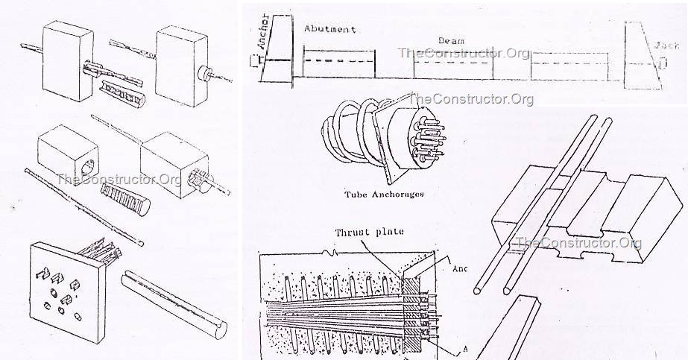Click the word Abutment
(329, 29)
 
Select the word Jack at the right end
(669, 45)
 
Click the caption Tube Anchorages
(384, 194)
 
